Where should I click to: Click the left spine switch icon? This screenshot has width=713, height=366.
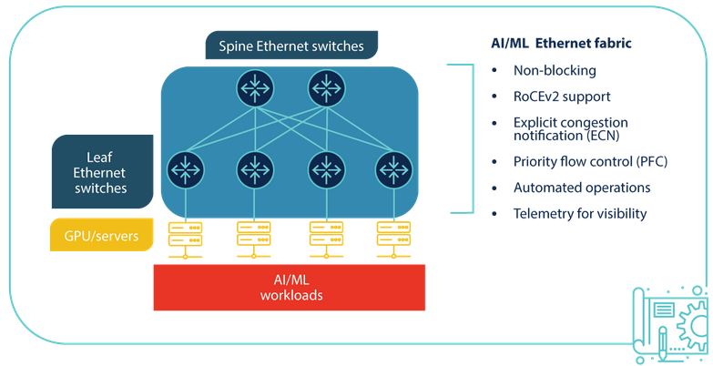[253, 88]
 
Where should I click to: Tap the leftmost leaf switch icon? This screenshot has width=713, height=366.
[186, 168]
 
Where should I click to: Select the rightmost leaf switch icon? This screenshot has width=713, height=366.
[392, 168]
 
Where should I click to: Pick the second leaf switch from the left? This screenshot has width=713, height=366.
[254, 168]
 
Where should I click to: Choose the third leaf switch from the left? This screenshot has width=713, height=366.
[325, 168]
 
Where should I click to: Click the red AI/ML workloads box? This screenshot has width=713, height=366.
[291, 288]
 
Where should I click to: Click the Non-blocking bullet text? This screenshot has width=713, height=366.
[555, 70]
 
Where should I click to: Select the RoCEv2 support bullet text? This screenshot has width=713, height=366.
[562, 96]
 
